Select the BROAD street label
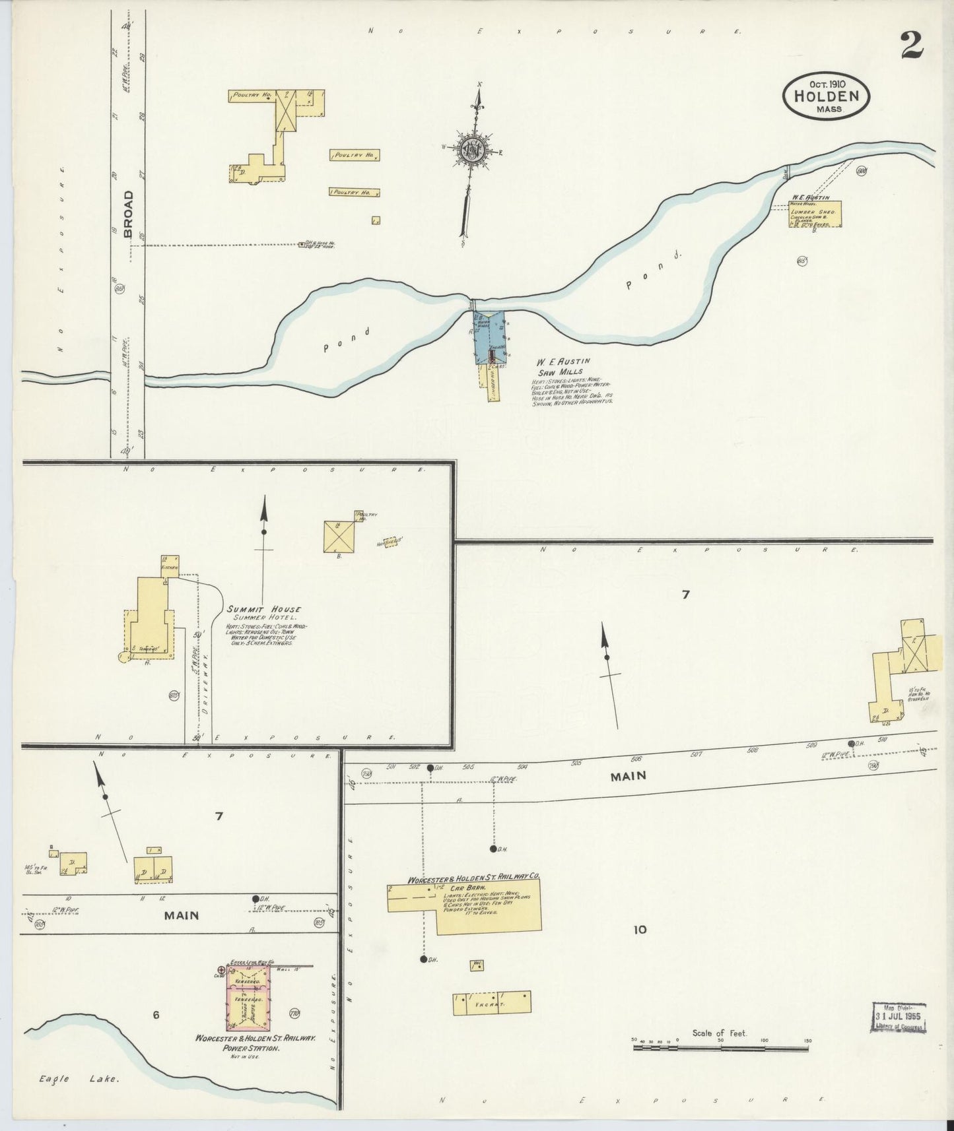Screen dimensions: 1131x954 click(x=129, y=213)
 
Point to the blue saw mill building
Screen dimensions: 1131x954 click(x=489, y=337)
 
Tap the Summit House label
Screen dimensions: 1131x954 click(x=263, y=609)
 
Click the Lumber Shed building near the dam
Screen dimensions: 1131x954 click(x=815, y=215)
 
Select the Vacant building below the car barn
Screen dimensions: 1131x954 click(x=493, y=1003)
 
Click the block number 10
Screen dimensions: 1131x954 click(x=639, y=930)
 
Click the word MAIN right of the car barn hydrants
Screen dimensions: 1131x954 click(x=627, y=777)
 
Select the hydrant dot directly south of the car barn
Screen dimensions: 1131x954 click(x=423, y=959)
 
